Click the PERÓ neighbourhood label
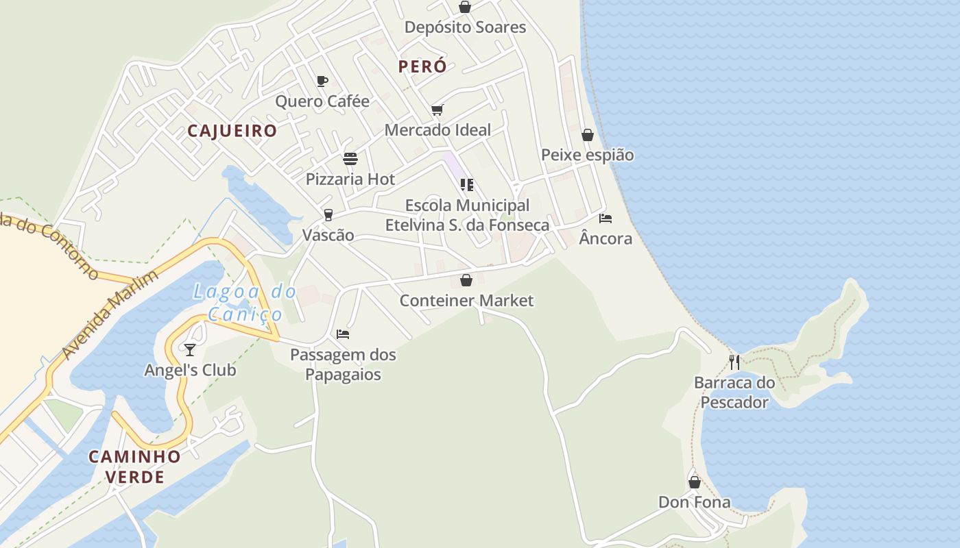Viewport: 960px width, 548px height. coord(422,66)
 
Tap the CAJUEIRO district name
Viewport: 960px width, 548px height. coord(232,131)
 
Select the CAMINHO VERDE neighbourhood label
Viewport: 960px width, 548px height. coord(135,466)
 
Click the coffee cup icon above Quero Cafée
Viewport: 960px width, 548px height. coord(322,82)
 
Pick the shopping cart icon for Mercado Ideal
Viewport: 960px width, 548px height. coord(437,110)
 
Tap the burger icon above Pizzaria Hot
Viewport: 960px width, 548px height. coord(350,159)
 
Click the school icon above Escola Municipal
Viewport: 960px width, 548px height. coord(467,185)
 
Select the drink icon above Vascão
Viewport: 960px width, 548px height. coord(328,215)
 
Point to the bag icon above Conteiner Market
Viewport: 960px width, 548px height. coord(466,280)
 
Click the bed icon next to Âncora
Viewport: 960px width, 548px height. coord(605,219)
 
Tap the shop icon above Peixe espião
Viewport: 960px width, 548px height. coord(588,135)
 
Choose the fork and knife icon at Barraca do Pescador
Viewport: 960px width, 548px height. coord(734,362)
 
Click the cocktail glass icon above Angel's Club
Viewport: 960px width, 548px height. coord(190,350)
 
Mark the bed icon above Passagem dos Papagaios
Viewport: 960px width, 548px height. coord(343,334)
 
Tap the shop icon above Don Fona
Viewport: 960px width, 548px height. coord(695,482)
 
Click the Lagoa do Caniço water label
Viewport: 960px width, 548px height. coord(245,303)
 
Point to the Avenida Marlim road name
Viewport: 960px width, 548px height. coord(110,314)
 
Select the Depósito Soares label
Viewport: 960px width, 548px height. coord(466,27)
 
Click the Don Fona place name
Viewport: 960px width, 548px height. coord(695,502)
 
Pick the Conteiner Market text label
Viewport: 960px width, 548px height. coord(466,301)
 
